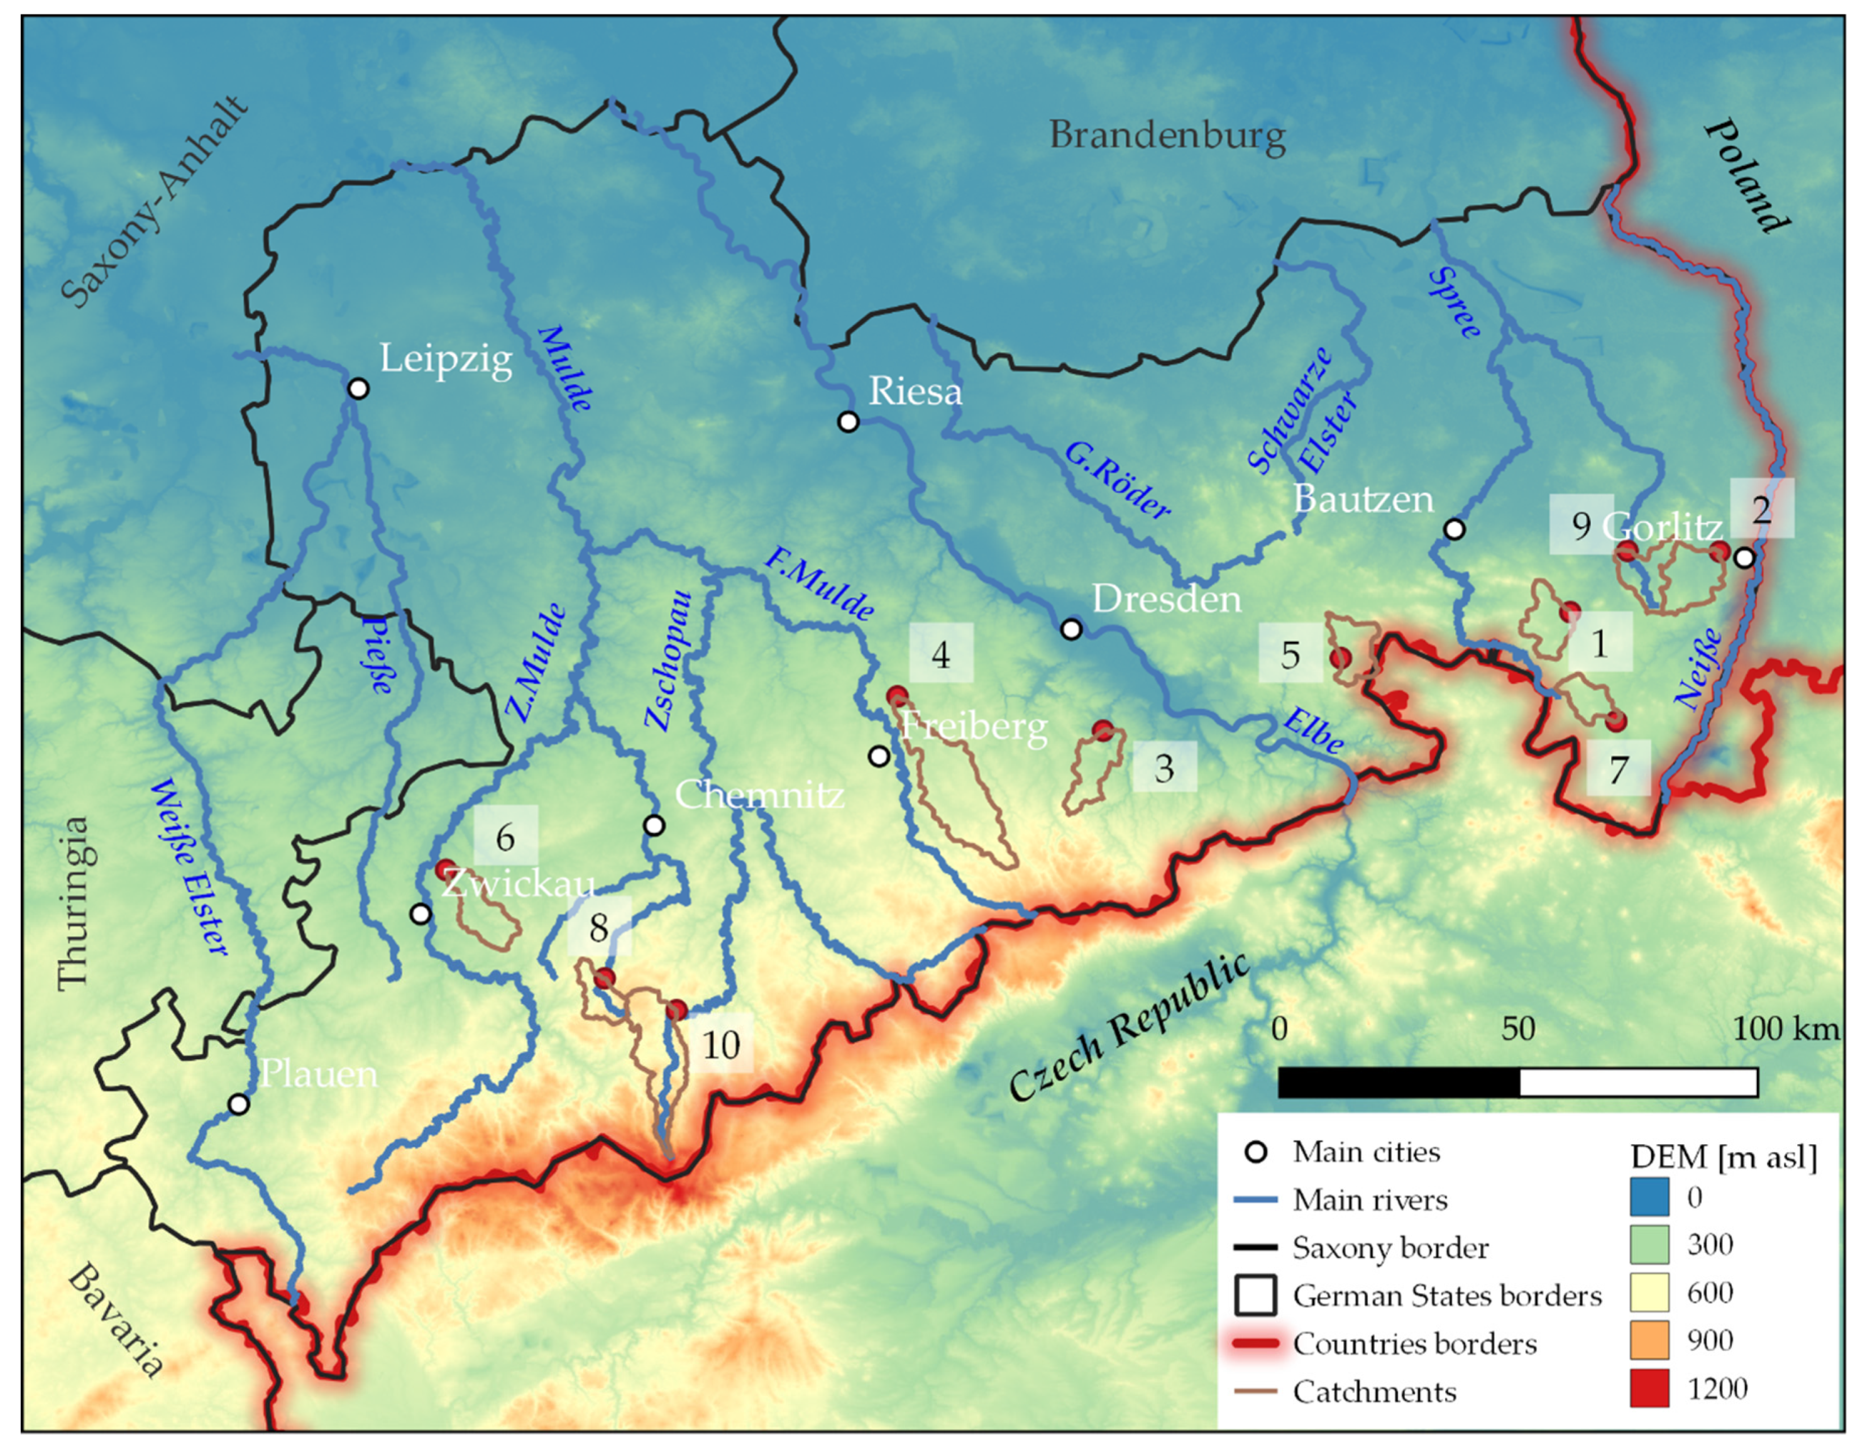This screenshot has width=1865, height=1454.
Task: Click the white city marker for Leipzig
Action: (359, 388)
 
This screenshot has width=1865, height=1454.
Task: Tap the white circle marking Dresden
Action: (1071, 629)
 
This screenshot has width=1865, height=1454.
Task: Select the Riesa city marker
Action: (848, 421)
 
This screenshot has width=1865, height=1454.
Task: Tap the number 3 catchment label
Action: (1164, 768)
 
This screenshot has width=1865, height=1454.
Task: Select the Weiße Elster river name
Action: (190, 867)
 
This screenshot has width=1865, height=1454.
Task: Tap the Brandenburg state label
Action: (1167, 136)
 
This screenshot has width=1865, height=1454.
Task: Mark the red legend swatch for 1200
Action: (1649, 1389)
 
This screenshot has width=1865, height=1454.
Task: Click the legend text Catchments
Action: (1374, 1392)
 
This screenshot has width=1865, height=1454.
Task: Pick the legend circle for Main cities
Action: (1255, 1153)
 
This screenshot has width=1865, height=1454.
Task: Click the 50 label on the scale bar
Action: (1517, 1029)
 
